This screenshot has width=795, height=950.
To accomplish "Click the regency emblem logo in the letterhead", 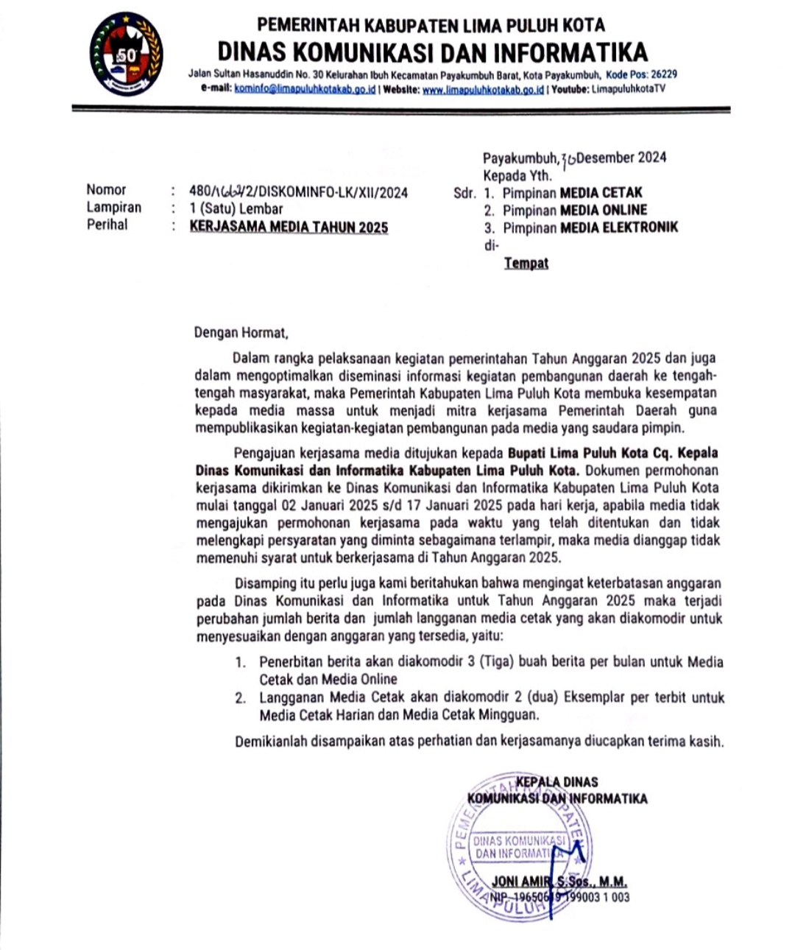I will point(126,54).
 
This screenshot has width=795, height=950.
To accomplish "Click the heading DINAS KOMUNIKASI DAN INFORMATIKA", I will point(432,52).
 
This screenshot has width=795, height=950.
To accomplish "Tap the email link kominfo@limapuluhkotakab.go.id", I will point(305,89).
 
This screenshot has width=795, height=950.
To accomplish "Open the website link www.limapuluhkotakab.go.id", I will point(483,89).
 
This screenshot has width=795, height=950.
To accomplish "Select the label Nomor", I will point(106,190).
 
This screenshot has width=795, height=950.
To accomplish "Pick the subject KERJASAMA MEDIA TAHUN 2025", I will point(289,227).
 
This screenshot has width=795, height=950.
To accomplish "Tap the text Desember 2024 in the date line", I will point(622,158).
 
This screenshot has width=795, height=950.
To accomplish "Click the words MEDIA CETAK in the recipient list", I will point(601,193).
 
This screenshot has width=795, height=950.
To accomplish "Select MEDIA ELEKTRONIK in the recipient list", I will point(619,228).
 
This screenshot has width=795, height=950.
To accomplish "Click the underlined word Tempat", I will point(526,263).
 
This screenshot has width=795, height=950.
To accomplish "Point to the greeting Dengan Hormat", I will point(240,333).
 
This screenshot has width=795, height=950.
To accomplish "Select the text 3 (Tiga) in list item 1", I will point(492,661).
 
